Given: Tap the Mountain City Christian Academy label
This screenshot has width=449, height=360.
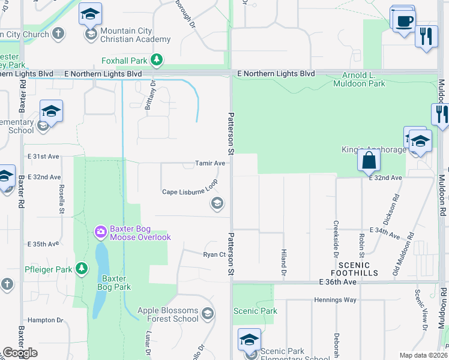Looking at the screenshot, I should pyautogui.click(x=135, y=35).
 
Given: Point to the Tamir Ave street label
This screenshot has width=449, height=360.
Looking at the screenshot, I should pyautogui.click(x=210, y=163).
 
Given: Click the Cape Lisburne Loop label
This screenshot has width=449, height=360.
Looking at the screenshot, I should pyautogui.click(x=190, y=192).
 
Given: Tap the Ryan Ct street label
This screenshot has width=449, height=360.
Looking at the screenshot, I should pyautogui.click(x=214, y=254).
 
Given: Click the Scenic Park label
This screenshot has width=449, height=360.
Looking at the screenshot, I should pyautogui.click(x=255, y=311).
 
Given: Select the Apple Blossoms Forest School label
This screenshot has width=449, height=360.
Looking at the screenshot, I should pyautogui.click(x=167, y=314).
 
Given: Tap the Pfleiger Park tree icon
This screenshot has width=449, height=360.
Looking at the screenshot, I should pyautogui.click(x=80, y=269).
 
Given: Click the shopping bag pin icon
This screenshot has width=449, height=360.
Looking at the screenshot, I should pyautogui.click(x=368, y=160).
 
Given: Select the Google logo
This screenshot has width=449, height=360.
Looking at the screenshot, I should pyautogui.click(x=20, y=353).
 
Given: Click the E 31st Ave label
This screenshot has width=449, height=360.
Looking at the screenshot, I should pyautogui.click(x=43, y=156).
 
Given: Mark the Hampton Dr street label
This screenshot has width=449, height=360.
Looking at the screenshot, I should pyautogui.click(x=45, y=320).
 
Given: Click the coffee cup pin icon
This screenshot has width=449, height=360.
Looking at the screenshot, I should pyautogui.click(x=405, y=20).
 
